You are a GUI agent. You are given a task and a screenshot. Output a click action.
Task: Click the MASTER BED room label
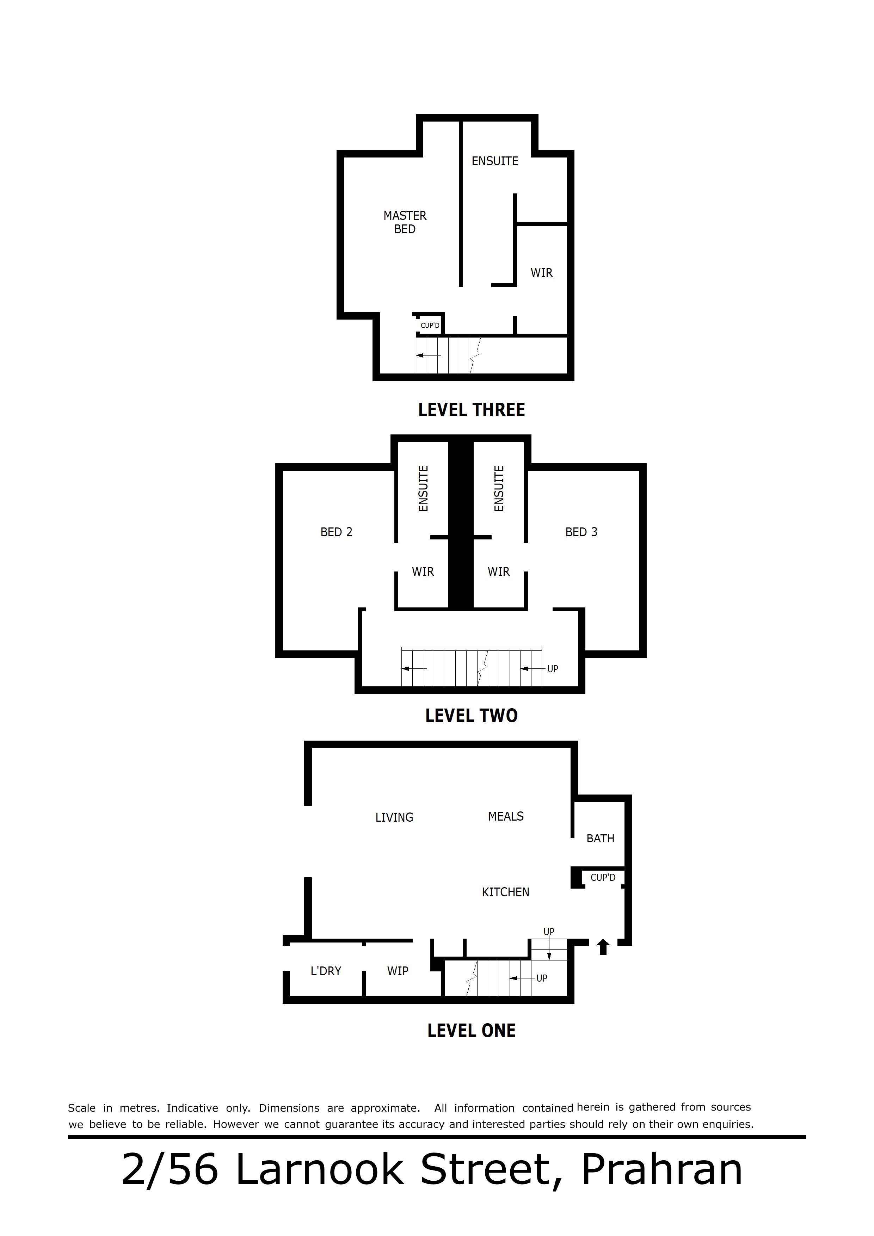point(405,222)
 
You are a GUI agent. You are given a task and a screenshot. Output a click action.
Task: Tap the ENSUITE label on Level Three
point(495,161)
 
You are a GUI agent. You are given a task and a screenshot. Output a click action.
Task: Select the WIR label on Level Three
point(542,273)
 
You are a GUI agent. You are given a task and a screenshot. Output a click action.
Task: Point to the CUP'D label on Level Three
point(430,326)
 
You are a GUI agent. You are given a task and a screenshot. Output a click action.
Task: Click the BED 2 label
point(337,532)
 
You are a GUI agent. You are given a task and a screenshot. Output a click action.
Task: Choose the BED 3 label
point(581,532)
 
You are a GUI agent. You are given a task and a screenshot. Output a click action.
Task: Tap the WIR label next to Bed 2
point(423,572)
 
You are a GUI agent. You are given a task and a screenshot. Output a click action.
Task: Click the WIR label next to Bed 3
point(499,572)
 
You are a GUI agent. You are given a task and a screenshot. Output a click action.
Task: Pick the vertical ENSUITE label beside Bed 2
point(423,488)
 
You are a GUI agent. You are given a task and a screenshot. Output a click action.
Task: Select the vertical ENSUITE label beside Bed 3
point(499,488)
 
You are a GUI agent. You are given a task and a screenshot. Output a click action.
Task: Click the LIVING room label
point(394,818)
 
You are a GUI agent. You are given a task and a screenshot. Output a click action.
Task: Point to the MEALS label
point(506,817)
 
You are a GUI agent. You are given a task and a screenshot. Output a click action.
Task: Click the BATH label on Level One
point(601,839)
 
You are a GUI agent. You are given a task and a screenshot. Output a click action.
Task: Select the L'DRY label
point(326,971)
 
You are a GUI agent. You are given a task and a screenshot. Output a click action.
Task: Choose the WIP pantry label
point(398,971)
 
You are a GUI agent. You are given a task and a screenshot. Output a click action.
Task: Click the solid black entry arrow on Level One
point(603,947)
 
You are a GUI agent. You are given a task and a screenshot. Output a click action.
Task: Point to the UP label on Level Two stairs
point(553,669)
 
